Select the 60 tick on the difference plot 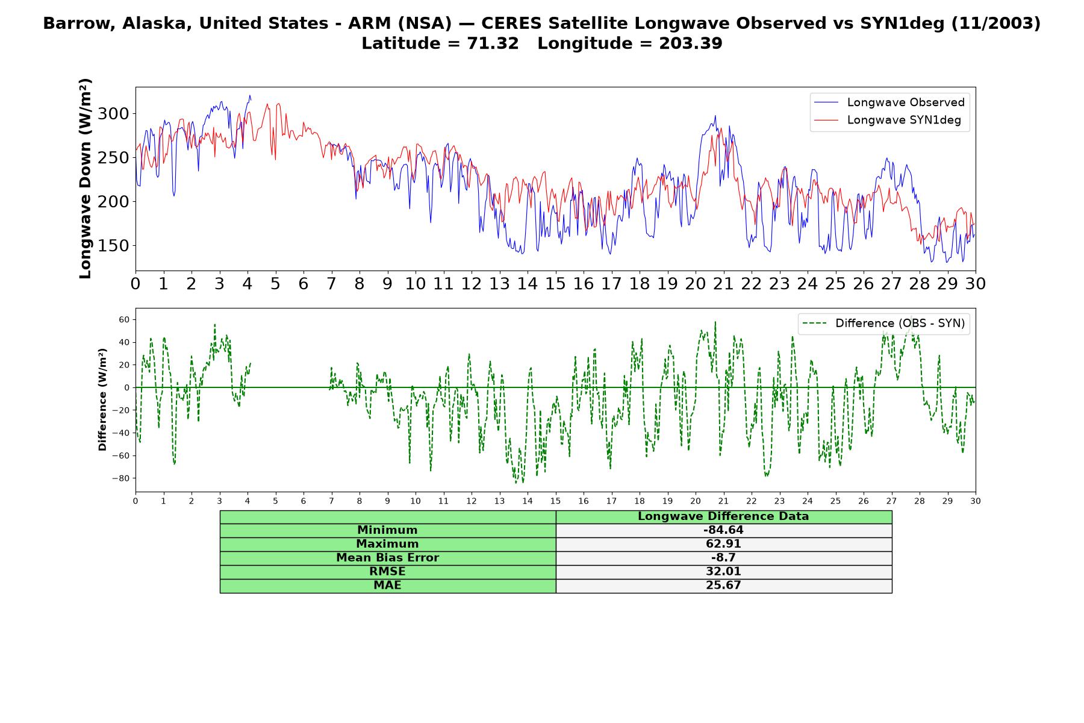123,319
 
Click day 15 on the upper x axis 555,283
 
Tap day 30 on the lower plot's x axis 976,501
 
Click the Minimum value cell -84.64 723,530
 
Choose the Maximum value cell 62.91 723,544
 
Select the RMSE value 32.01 723,572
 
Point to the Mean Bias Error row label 387,558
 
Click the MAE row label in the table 387,586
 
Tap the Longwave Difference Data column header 723,516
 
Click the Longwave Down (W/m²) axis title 85,178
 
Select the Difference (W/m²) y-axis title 102,399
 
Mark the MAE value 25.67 723,586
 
